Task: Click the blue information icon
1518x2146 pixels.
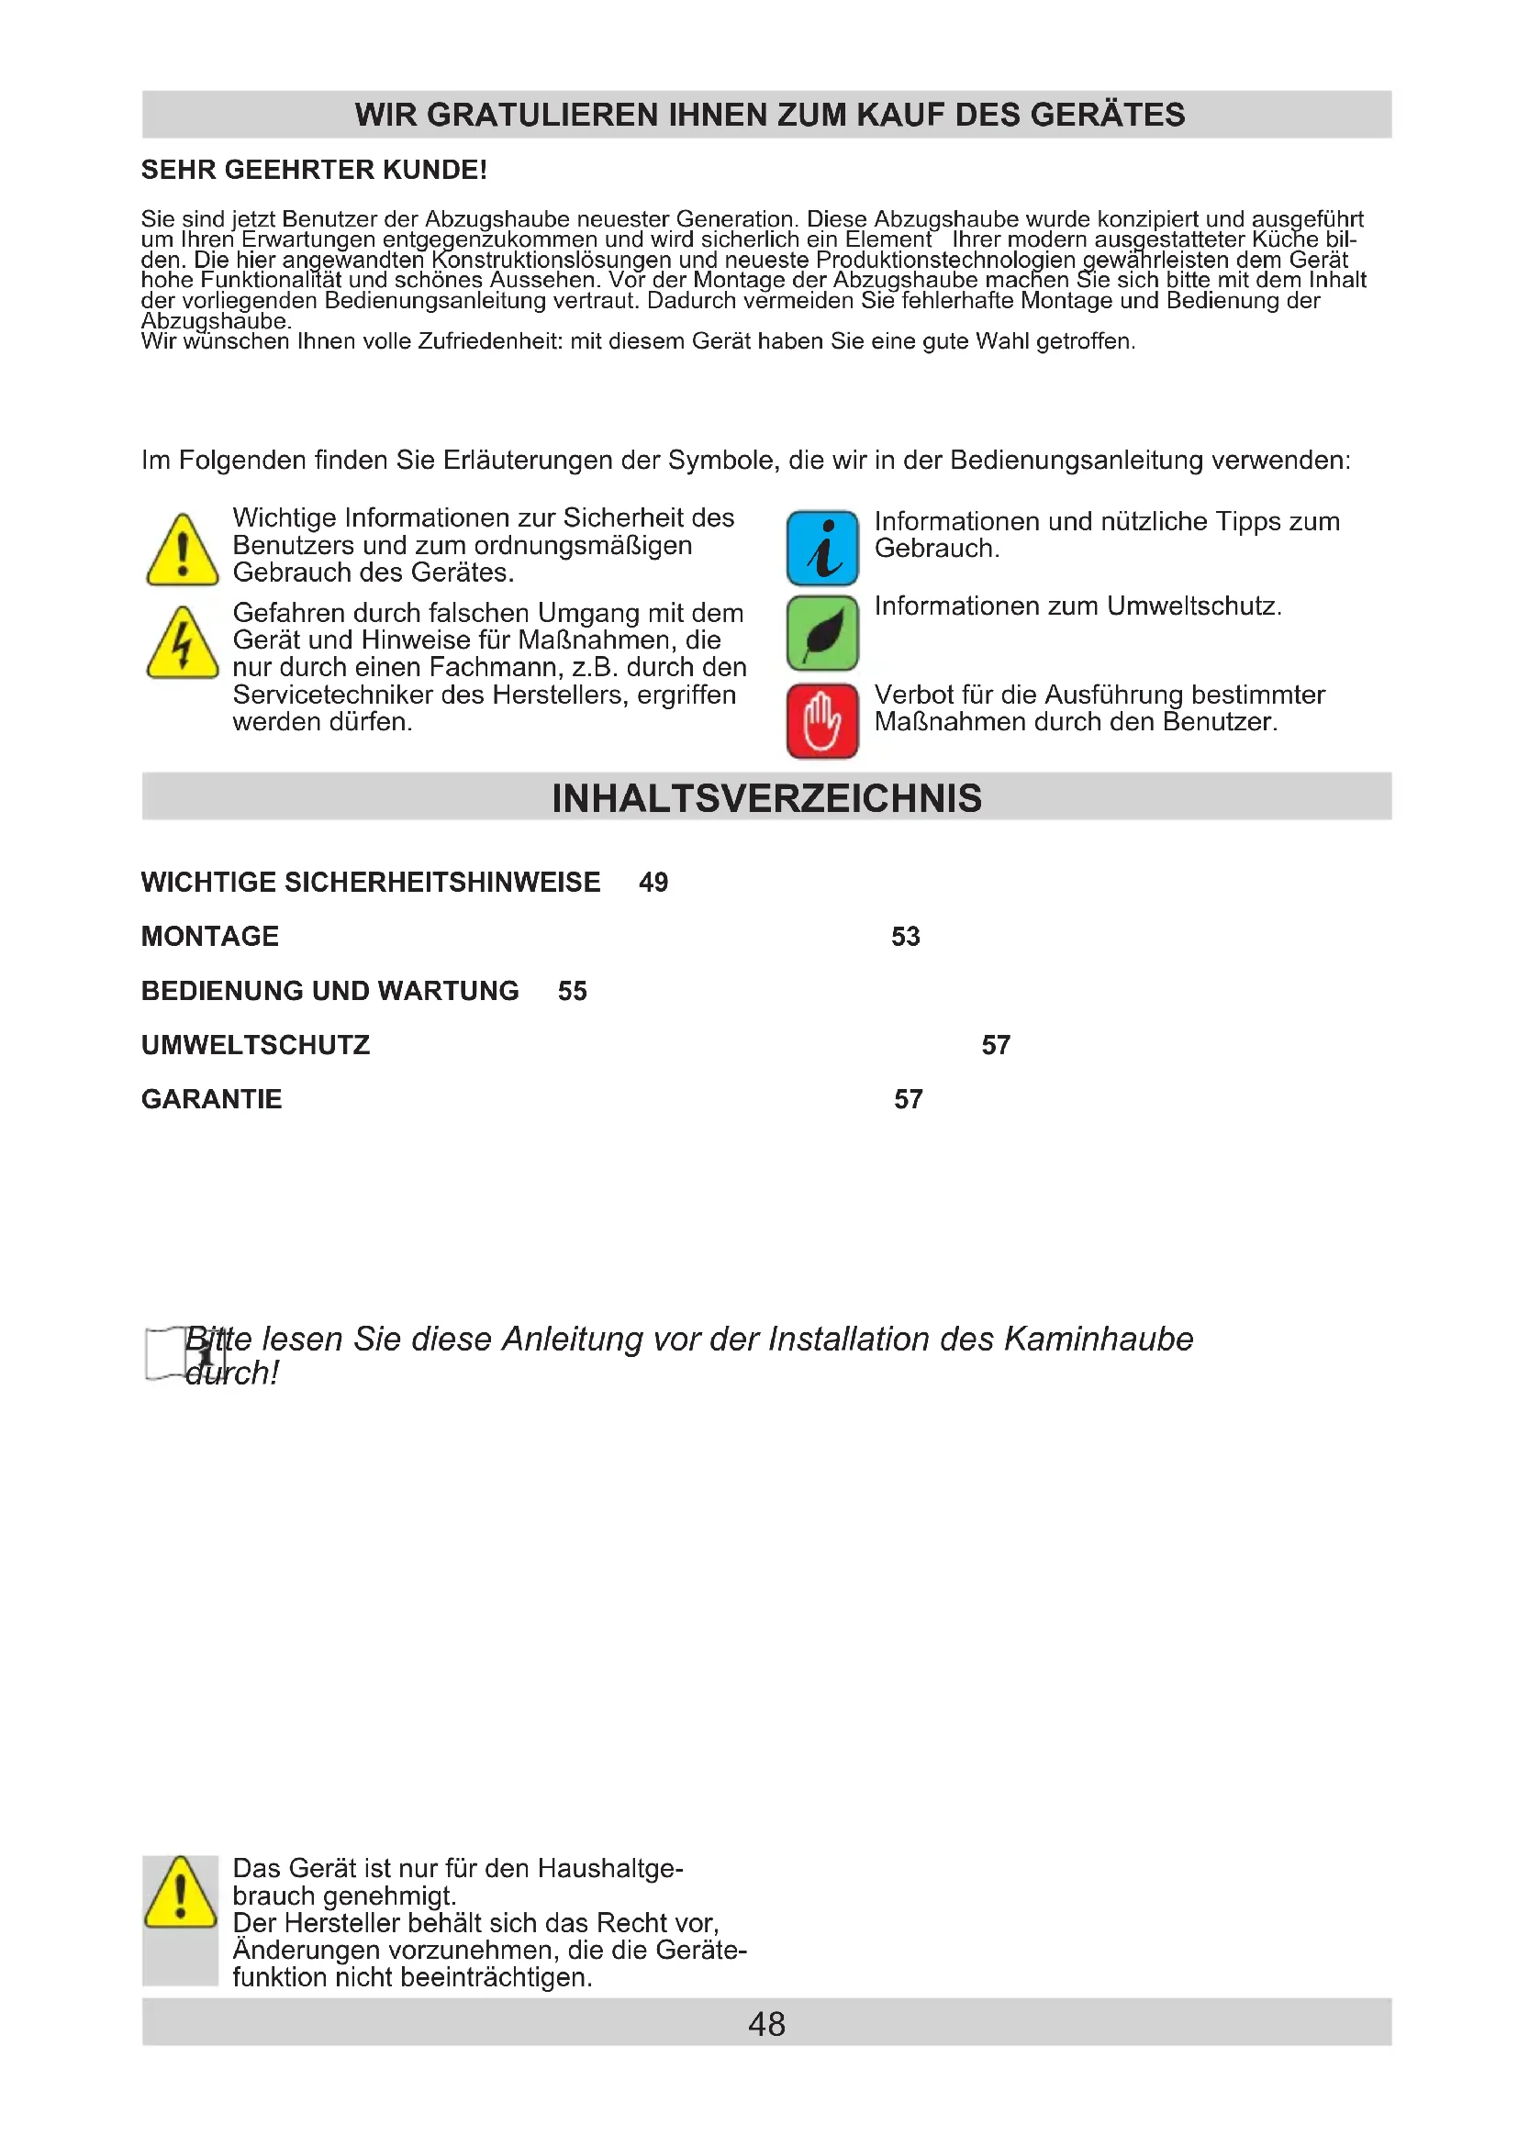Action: click(821, 548)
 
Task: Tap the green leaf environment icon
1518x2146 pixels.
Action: click(821, 633)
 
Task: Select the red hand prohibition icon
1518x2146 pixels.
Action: click(821, 720)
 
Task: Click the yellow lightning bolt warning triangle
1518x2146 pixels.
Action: click(183, 644)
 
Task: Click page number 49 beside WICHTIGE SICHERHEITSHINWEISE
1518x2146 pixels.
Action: click(653, 883)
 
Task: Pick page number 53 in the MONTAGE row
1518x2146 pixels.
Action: click(905, 937)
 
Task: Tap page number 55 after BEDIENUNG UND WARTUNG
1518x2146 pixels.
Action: click(572, 991)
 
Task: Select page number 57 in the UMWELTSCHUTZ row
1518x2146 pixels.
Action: click(996, 1045)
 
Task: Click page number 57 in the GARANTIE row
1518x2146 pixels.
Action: click(908, 1099)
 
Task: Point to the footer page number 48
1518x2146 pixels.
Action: click(766, 2024)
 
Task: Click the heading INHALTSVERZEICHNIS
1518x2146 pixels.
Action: click(766, 798)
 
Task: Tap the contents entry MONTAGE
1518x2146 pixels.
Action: click(210, 937)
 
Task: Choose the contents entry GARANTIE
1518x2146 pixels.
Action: click(211, 1099)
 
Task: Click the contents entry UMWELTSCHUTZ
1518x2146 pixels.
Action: click(255, 1045)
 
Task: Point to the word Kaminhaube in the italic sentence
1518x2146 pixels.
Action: click(1099, 1340)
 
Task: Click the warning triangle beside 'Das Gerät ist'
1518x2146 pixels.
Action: click(181, 1894)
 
